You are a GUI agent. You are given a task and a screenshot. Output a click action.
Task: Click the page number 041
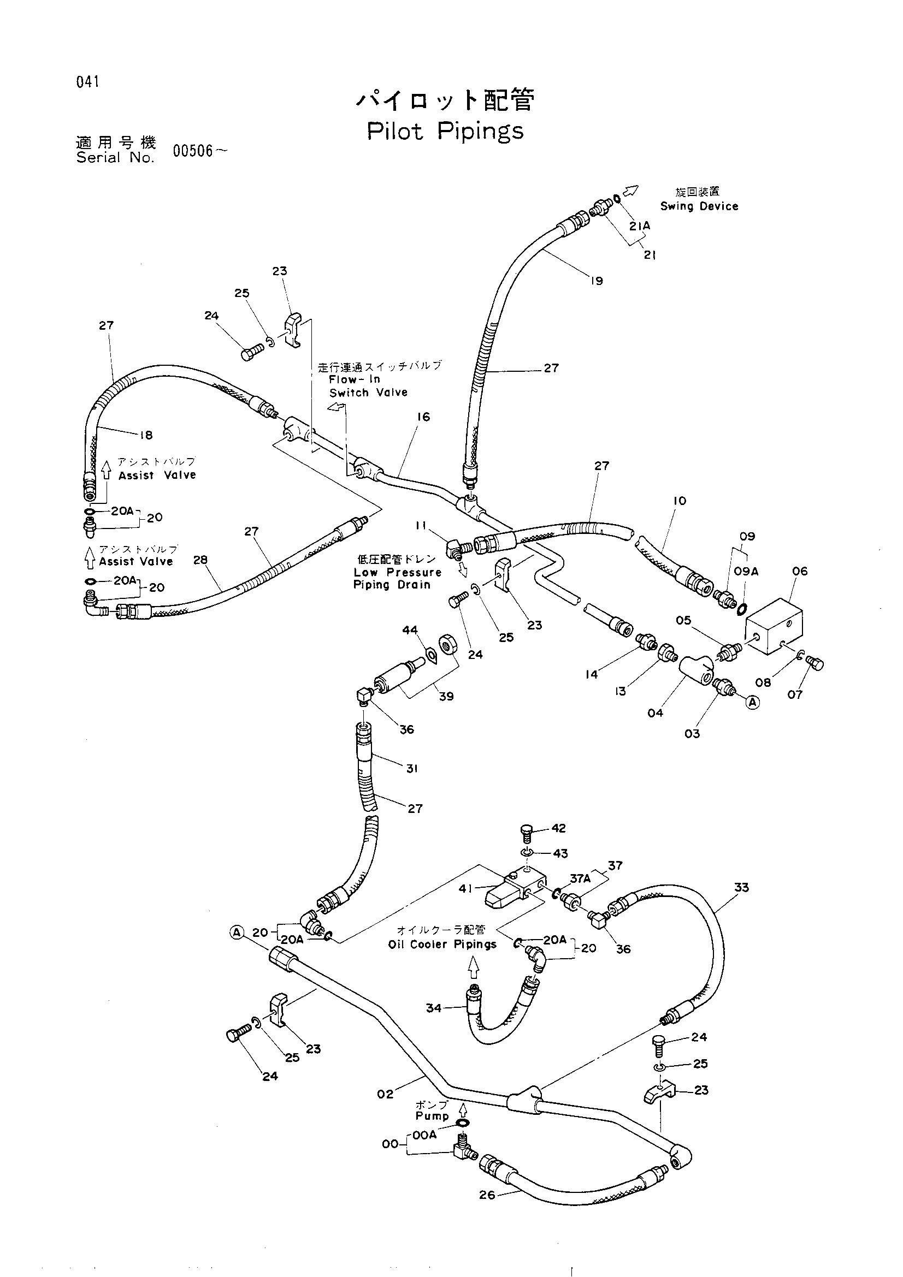[87, 82]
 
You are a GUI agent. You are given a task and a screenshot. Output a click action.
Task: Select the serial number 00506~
[200, 151]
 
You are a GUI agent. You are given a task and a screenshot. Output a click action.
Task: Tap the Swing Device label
[699, 206]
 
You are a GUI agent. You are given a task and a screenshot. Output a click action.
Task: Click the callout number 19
[597, 281]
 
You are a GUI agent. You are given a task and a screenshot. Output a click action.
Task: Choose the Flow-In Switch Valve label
[368, 386]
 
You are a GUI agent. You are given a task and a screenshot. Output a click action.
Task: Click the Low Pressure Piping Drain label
[397, 578]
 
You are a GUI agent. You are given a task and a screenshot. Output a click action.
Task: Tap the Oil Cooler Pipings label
[442, 945]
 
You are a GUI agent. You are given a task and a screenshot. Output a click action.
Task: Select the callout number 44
[410, 629]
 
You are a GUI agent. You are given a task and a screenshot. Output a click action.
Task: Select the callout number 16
[423, 417]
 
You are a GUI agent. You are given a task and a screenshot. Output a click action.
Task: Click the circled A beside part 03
[752, 703]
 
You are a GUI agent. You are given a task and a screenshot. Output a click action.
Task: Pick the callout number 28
[200, 560]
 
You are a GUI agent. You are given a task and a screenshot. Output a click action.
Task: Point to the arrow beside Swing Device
[630, 191]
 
